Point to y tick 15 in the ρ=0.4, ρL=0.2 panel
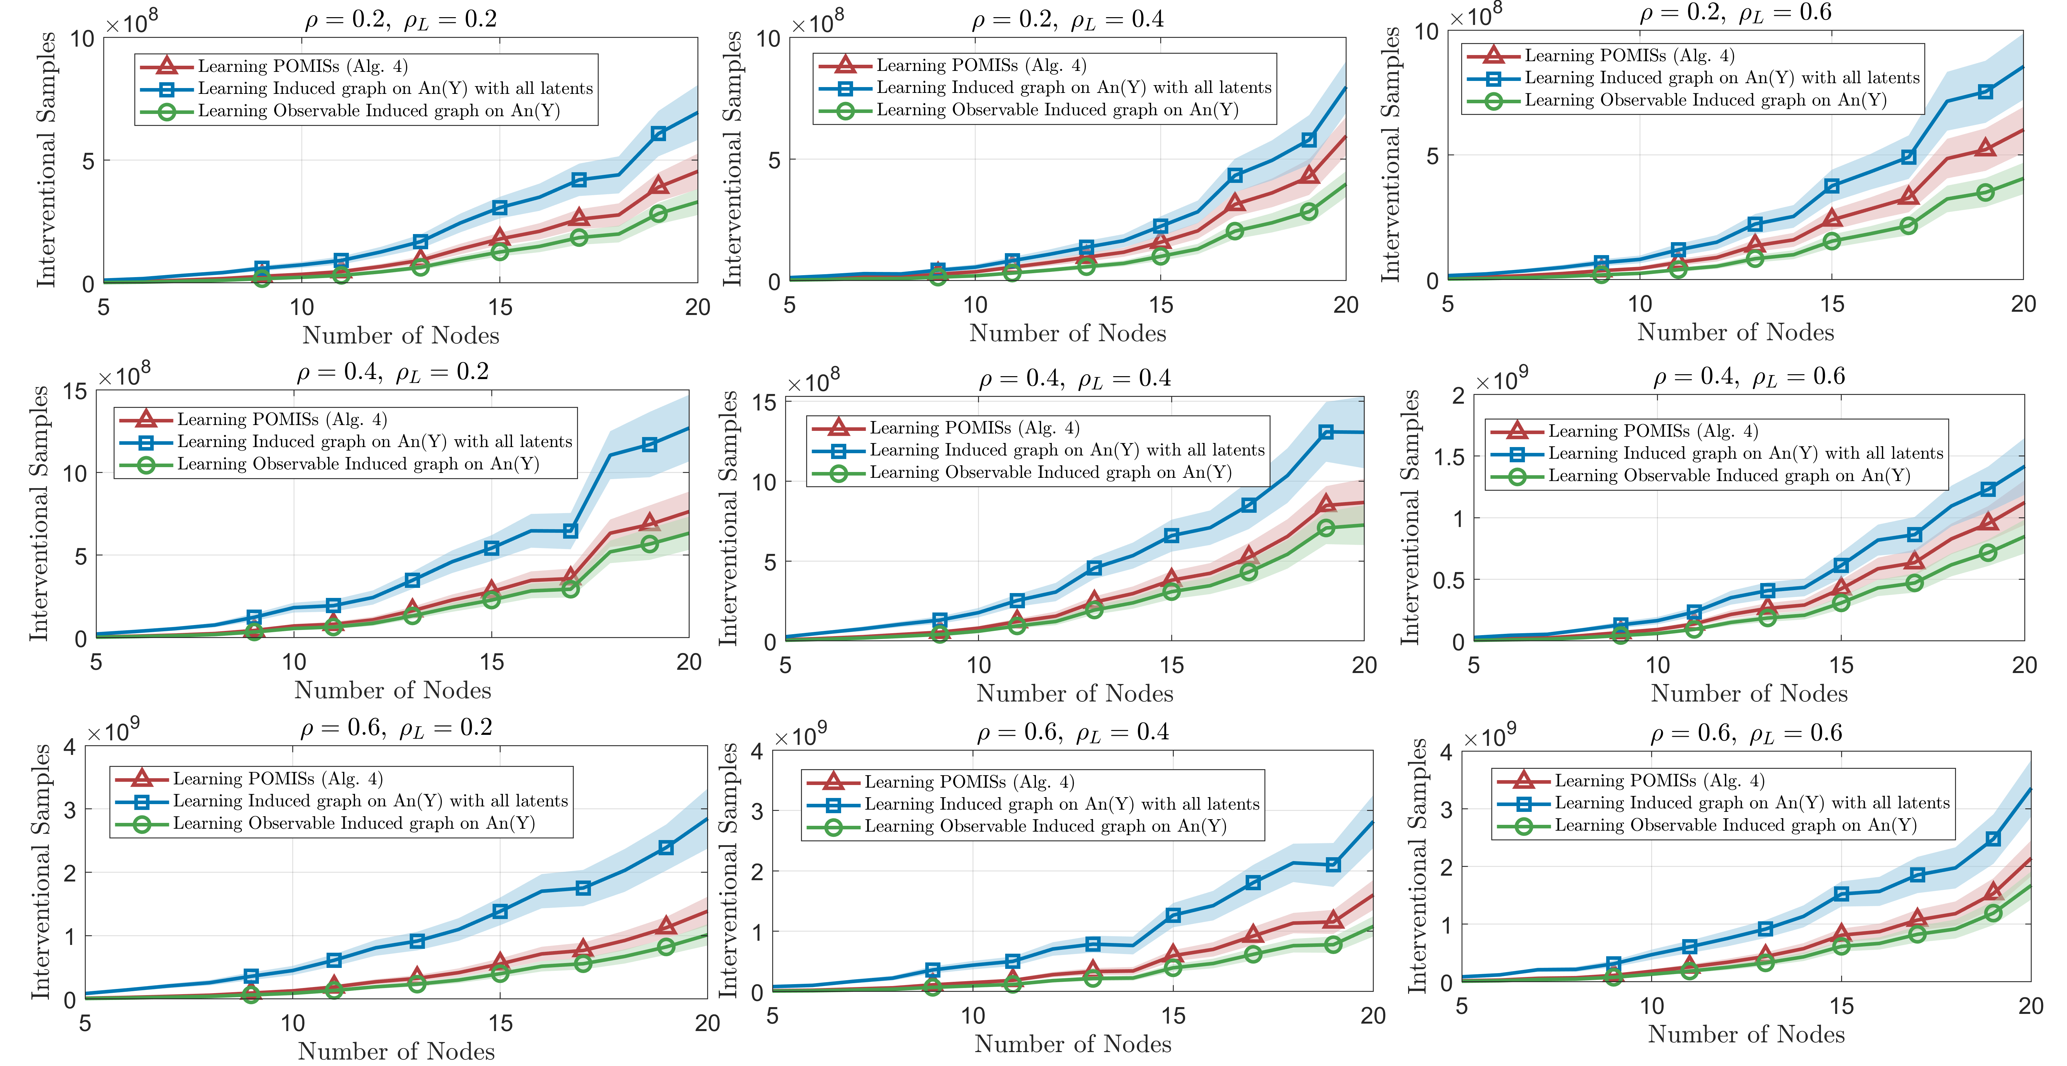(x=75, y=392)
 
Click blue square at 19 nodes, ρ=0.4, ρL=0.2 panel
(x=650, y=445)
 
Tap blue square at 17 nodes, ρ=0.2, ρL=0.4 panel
(x=1235, y=175)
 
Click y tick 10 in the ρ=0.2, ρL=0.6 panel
(x=1427, y=32)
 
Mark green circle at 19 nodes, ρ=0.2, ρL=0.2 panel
(x=658, y=214)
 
